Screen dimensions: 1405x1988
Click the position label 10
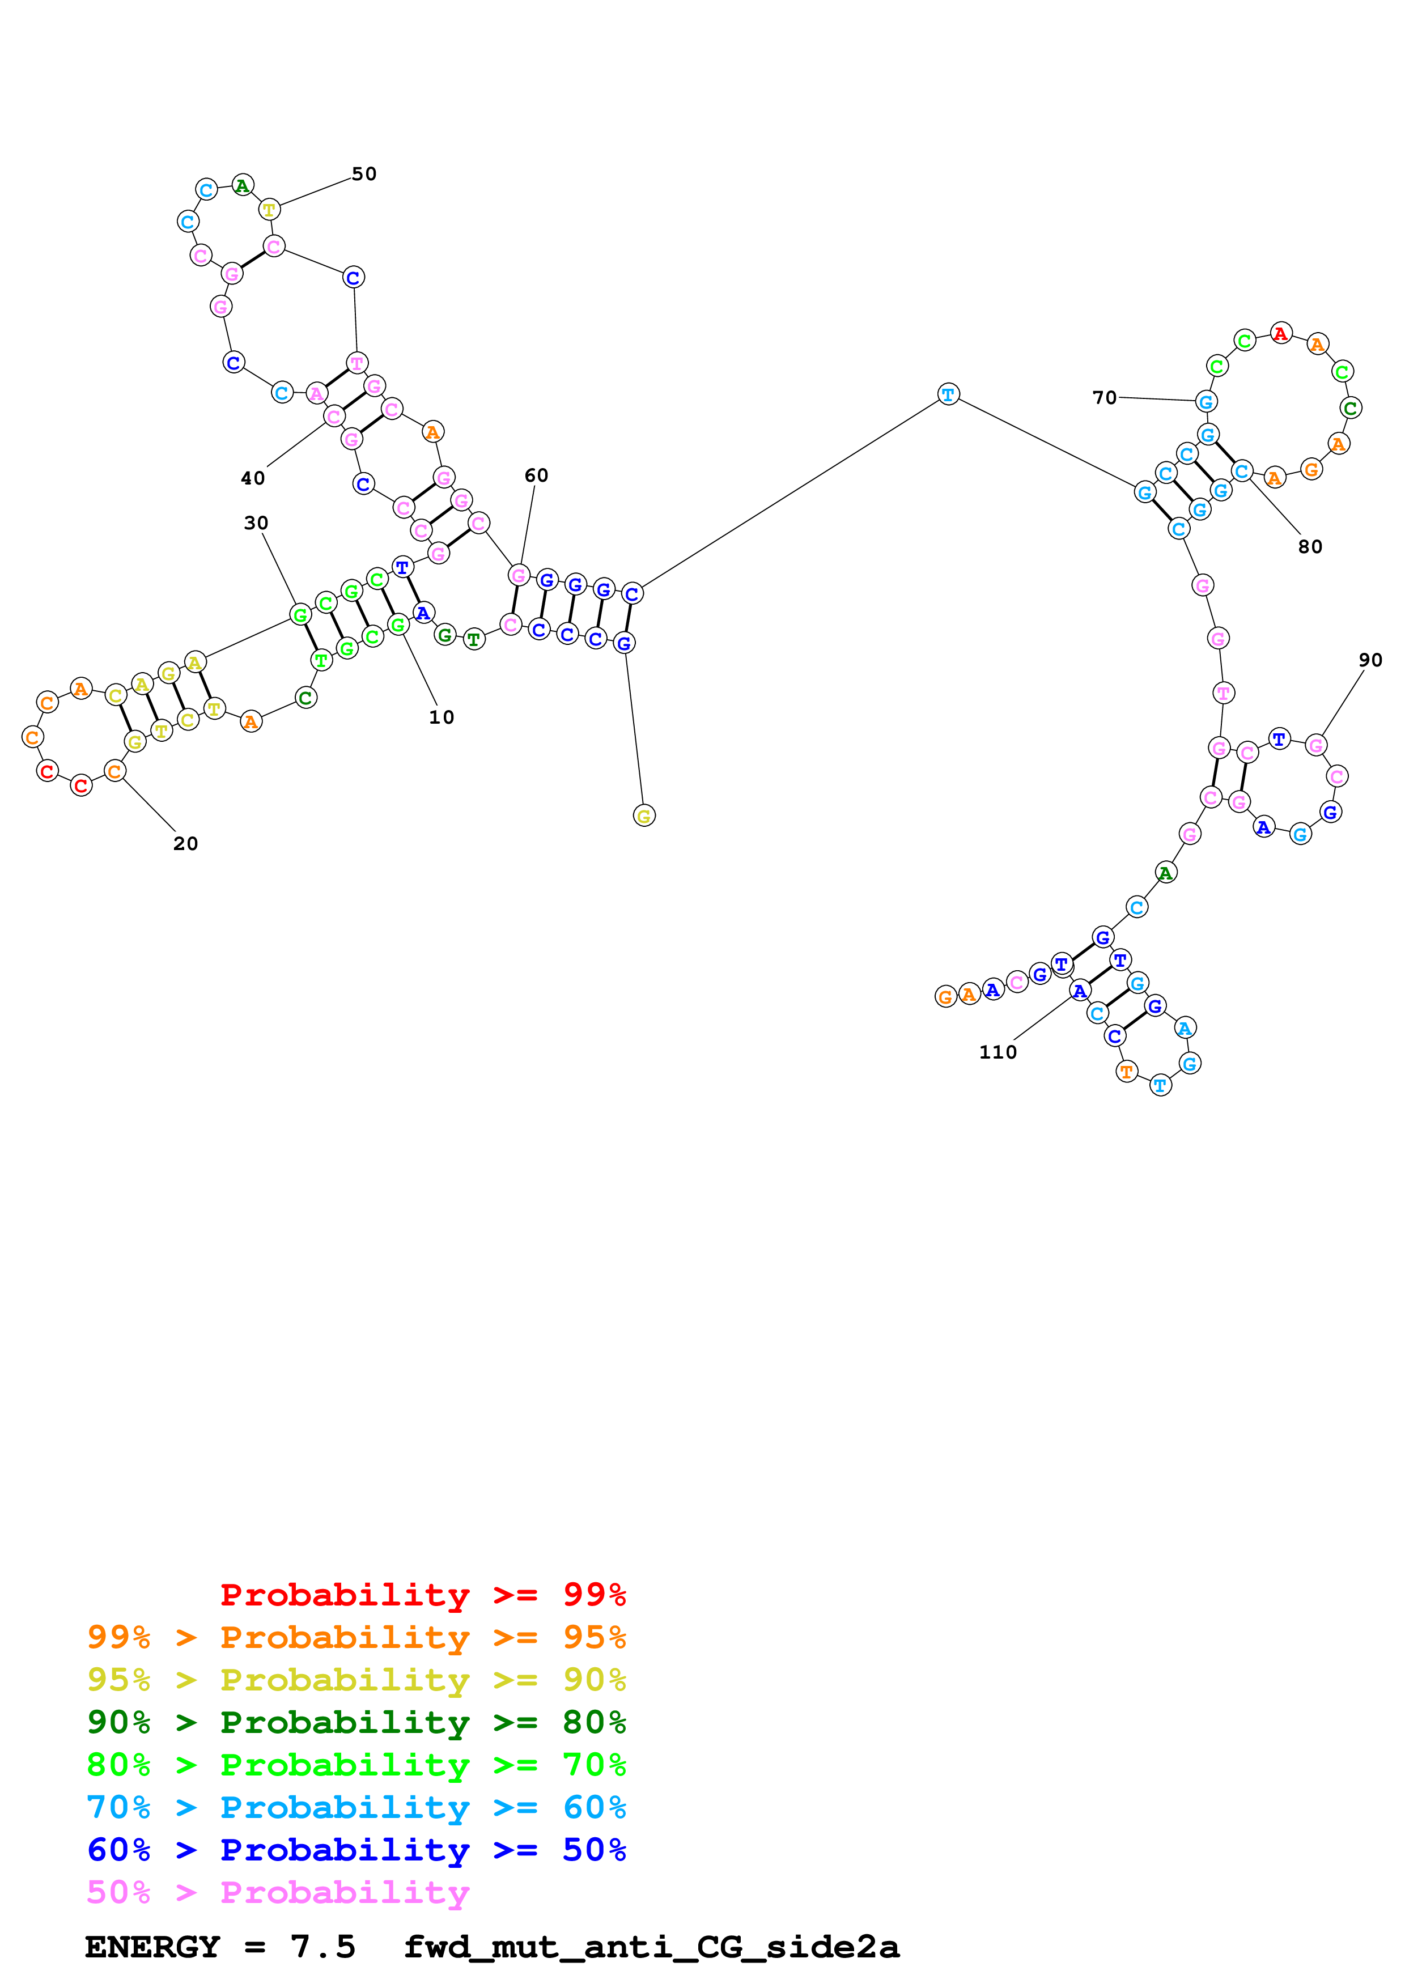click(x=442, y=717)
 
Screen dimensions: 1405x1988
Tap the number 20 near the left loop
click(x=185, y=843)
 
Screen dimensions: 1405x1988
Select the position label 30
click(x=256, y=523)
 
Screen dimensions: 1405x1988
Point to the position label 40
click(x=253, y=478)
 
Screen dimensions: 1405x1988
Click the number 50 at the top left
click(x=364, y=174)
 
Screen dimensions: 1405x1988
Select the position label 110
click(x=997, y=1052)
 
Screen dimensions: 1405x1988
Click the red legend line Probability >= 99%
click(x=422, y=1594)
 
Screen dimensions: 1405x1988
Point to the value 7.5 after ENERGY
click(x=323, y=1947)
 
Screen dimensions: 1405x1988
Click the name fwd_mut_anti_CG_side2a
click(x=651, y=1947)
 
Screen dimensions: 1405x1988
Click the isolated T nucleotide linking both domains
click(x=948, y=395)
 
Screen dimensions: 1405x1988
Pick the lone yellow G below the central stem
click(x=644, y=815)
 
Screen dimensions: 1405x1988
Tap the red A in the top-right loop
click(x=1280, y=333)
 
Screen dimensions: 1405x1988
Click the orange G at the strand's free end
click(x=945, y=997)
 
